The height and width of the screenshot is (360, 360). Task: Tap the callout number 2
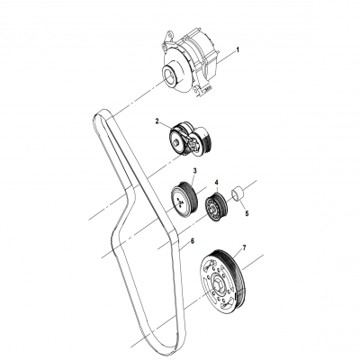157,121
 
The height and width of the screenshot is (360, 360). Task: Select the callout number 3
193,171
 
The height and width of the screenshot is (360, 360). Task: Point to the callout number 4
216,184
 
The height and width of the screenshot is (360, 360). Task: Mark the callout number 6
192,240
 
